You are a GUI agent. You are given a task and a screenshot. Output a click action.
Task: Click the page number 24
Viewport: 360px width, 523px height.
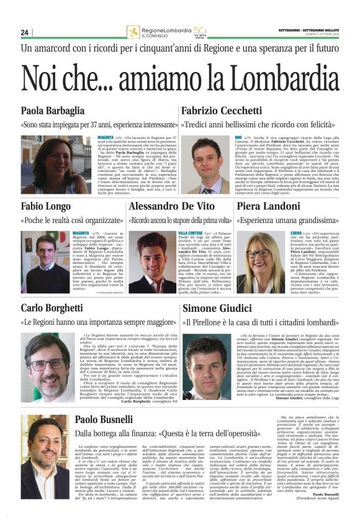click(25, 32)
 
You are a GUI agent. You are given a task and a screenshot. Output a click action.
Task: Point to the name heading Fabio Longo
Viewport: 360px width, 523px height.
click(47, 206)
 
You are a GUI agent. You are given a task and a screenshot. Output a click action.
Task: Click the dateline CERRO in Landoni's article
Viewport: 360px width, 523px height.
click(298, 232)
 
